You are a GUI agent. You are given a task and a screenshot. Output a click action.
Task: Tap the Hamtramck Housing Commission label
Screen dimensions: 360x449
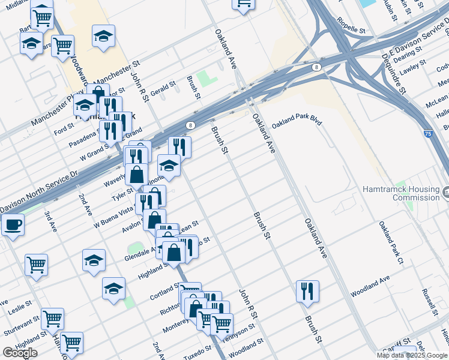pos(400,193)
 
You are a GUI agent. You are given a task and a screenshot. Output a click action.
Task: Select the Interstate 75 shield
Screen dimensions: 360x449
pos(427,134)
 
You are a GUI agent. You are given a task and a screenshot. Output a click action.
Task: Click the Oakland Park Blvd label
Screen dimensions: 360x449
pos(297,124)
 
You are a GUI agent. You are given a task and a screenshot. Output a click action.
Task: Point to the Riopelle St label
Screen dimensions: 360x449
pos(351,29)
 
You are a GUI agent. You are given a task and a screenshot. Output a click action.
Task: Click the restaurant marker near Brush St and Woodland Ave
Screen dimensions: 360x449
pos(307,291)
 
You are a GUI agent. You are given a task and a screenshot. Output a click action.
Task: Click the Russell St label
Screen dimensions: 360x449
pos(429,303)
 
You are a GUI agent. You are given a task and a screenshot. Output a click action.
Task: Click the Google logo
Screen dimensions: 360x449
pos(20,352)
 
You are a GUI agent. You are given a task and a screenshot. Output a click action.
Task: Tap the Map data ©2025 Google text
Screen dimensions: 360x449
pos(412,355)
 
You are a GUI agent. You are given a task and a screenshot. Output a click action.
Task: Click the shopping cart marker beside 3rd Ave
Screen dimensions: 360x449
pos(37,264)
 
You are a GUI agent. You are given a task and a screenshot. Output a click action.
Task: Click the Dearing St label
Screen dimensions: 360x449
pos(407,54)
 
